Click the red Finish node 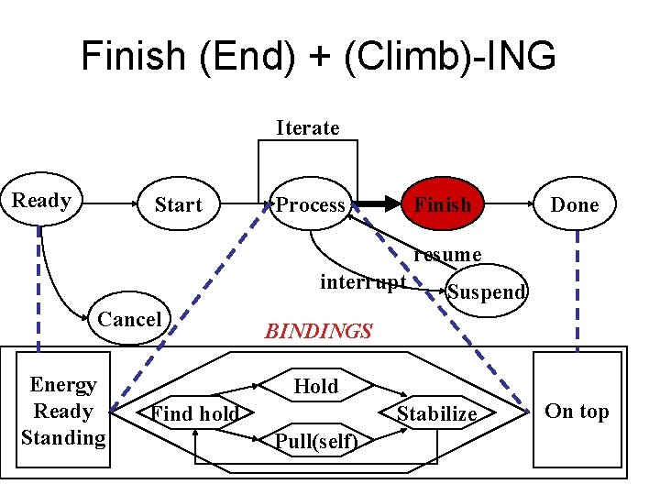(443, 205)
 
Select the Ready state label (41, 201)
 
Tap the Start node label (178, 205)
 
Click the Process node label (311, 205)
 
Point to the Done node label (575, 205)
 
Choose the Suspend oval (486, 291)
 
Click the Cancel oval (129, 319)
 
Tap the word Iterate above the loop (308, 127)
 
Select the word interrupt (362, 281)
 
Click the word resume (446, 254)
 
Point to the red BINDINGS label (318, 331)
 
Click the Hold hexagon (316, 387)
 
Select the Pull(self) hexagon (316, 442)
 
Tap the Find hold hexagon (194, 414)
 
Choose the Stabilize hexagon (436, 414)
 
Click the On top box (577, 412)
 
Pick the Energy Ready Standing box (63, 412)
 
